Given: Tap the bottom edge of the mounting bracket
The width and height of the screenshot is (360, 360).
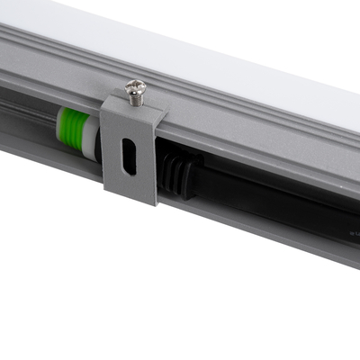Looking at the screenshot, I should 130,200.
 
